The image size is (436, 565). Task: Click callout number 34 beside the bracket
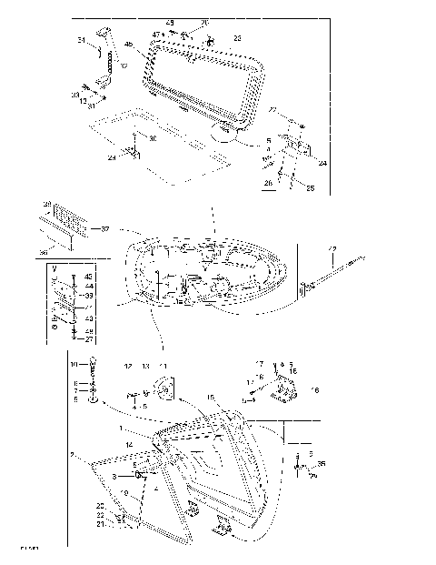pyautogui.click(x=81, y=41)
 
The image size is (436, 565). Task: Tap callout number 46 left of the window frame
pyautogui.click(x=128, y=44)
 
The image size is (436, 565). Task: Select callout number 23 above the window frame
pyautogui.click(x=238, y=38)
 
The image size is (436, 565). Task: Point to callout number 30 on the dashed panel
pyautogui.click(x=152, y=138)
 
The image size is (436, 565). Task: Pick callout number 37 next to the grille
pyautogui.click(x=104, y=228)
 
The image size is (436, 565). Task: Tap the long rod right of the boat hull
pyautogui.click(x=336, y=274)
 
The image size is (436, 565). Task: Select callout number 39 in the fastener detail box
pyautogui.click(x=88, y=296)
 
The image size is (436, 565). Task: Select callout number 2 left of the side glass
pyautogui.click(x=72, y=452)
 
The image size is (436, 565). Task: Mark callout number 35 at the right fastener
pyautogui.click(x=321, y=463)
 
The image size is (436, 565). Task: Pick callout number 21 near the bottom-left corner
pyautogui.click(x=101, y=524)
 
